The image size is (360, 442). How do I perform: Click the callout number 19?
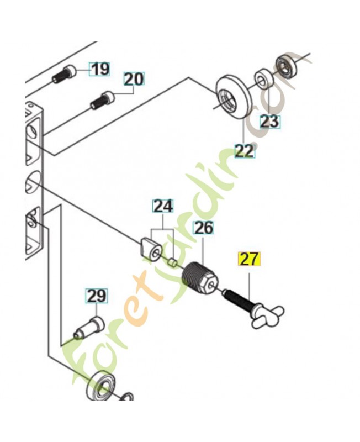[100, 69]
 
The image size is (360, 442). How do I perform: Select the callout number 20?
[134, 79]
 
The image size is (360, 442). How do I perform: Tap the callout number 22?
[245, 151]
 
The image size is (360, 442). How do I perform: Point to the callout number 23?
[269, 122]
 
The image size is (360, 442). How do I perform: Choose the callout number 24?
[163, 206]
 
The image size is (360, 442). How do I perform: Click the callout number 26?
[203, 228]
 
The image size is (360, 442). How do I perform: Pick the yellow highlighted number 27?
[250, 259]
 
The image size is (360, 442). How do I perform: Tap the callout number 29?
[97, 296]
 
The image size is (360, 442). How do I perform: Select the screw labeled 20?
[103, 101]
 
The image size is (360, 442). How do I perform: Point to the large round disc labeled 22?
[233, 96]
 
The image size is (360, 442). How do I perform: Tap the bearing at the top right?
[287, 66]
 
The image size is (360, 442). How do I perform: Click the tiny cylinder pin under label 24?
[172, 263]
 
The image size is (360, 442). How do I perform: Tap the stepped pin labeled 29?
[88, 328]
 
